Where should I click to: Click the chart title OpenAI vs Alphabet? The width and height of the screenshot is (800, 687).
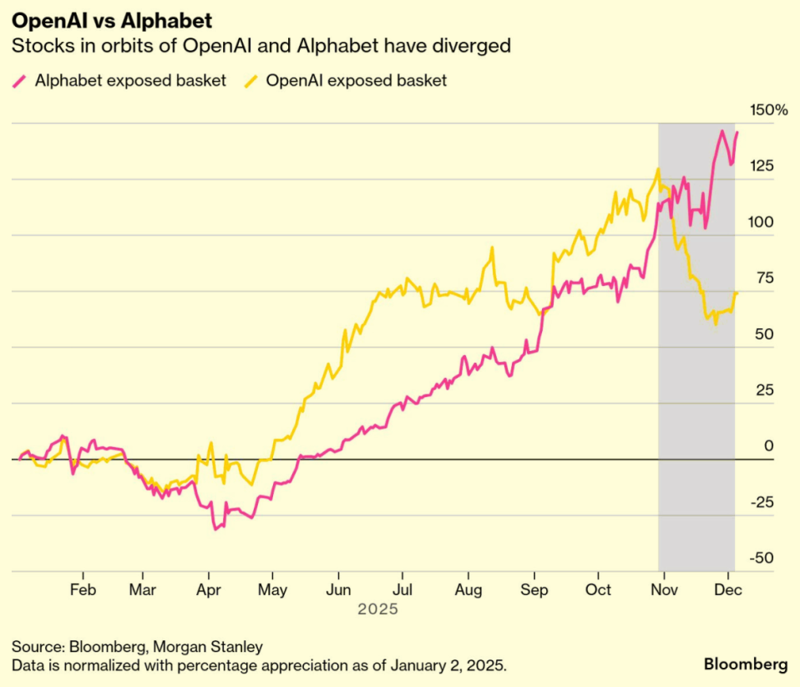pyautogui.click(x=112, y=21)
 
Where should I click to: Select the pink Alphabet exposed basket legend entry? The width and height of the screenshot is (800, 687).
pyautogui.click(x=119, y=81)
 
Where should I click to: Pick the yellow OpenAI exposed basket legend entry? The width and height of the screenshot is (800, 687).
pyautogui.click(x=346, y=81)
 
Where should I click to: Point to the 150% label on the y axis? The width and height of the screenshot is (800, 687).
pyautogui.click(x=768, y=109)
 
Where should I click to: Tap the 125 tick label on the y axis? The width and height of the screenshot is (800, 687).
pyautogui.click(x=762, y=166)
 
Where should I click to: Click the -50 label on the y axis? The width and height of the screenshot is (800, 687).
pyautogui.click(x=762, y=557)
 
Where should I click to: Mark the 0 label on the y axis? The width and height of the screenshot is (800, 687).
pyautogui.click(x=768, y=446)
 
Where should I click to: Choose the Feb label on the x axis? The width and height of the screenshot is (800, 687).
pyautogui.click(x=83, y=590)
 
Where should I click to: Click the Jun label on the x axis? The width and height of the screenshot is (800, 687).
pyautogui.click(x=338, y=590)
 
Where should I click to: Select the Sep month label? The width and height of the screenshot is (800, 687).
pyautogui.click(x=534, y=590)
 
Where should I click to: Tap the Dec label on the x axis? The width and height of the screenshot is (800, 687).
pyautogui.click(x=728, y=590)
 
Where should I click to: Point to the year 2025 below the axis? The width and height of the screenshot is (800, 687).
pyautogui.click(x=377, y=609)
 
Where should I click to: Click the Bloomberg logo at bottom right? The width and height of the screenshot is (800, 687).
pyautogui.click(x=746, y=664)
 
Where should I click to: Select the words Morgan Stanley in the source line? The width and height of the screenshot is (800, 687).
pyautogui.click(x=208, y=647)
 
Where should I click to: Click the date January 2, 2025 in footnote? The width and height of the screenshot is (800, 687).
pyautogui.click(x=448, y=665)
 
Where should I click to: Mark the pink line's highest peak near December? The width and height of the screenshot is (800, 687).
pyautogui.click(x=722, y=130)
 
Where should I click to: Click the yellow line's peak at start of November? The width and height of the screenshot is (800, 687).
pyautogui.click(x=658, y=169)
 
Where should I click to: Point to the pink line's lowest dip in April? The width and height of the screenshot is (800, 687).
pyautogui.click(x=215, y=529)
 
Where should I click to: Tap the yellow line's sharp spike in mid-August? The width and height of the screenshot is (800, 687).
pyautogui.click(x=492, y=247)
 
